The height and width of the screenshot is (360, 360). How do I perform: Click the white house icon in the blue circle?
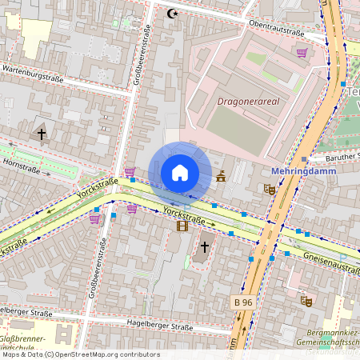[180, 173]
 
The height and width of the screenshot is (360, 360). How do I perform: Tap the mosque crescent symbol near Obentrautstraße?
[170, 13]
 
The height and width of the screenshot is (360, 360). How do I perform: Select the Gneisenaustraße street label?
[328, 262]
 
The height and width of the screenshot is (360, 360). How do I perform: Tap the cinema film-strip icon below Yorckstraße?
[183, 226]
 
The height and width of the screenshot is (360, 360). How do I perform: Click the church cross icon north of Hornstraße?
[41, 134]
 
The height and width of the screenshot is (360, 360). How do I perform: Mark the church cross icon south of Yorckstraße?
[206, 247]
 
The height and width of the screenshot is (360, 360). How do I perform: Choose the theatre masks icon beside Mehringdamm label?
[270, 190]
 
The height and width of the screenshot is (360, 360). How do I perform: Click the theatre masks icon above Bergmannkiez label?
[305, 302]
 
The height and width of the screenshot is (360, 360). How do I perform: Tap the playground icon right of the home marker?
[220, 177]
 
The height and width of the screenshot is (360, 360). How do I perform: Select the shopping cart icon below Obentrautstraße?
[302, 53]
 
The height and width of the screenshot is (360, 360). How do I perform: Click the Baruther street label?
[342, 156]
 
